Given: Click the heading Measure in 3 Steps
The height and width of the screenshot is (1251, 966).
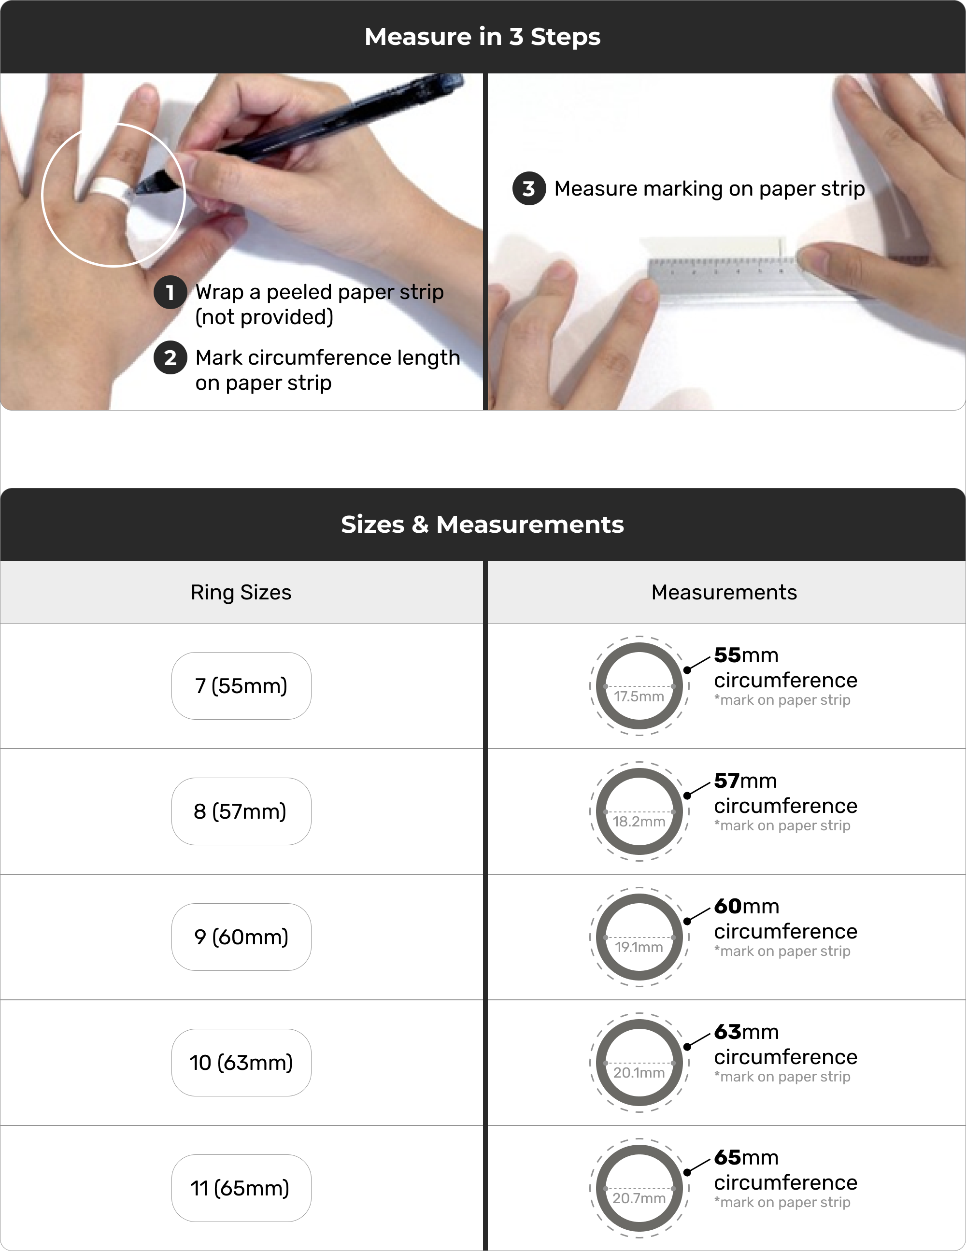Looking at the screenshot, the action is click(483, 37).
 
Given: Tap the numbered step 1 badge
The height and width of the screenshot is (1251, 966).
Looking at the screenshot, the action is click(170, 292).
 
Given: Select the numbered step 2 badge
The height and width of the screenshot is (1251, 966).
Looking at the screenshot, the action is click(170, 358).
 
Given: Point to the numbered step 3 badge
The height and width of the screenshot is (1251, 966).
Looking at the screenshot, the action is click(529, 188).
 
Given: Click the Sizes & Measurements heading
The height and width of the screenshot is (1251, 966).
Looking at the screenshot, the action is click(483, 524).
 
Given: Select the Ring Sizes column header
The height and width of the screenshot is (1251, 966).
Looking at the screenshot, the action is click(241, 592).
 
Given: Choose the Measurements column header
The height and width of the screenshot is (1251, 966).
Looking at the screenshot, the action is click(724, 592).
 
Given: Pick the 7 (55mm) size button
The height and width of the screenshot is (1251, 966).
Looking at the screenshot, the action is click(241, 686).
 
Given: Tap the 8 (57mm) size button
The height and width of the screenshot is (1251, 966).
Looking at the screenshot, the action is click(241, 811).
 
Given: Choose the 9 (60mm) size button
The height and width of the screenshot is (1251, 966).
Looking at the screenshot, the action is click(241, 937).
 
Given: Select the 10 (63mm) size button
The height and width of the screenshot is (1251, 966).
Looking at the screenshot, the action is click(241, 1063).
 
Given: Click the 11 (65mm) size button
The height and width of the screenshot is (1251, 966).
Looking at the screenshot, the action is click(241, 1188).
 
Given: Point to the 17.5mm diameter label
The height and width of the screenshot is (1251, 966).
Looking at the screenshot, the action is click(639, 697).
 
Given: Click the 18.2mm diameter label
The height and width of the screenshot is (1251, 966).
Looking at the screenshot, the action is click(639, 822).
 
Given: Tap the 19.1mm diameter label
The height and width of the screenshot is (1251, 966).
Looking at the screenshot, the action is click(639, 947).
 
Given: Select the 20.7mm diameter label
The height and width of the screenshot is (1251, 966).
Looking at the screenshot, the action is click(639, 1198).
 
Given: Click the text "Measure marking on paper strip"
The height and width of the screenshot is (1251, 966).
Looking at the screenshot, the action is click(710, 188).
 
